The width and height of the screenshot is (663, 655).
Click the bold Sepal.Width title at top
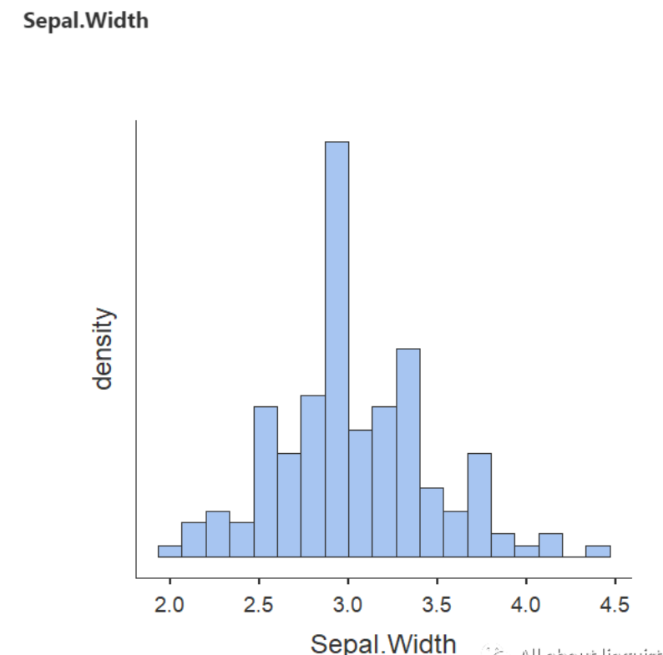coord(86,21)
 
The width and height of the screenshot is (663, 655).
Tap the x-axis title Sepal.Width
coord(383,642)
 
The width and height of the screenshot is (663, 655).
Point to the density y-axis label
coord(103,349)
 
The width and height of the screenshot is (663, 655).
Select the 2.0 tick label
coord(170,603)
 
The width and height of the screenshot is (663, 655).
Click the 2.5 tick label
coord(259,603)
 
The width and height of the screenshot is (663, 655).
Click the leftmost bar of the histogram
coord(170,551)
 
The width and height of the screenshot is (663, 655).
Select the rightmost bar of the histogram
coord(598,551)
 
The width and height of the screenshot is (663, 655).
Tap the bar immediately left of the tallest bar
coord(312,476)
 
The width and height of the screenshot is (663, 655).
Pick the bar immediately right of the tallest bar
coord(360,493)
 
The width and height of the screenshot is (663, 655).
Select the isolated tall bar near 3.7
coord(479,505)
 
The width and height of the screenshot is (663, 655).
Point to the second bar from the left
coord(194,539)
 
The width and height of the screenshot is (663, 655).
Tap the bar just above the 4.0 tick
coord(526,551)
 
